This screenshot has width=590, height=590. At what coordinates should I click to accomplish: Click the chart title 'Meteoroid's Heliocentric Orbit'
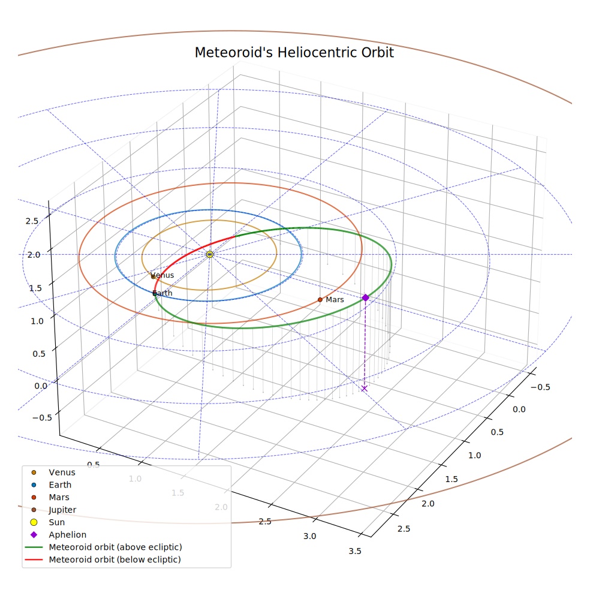point(294,52)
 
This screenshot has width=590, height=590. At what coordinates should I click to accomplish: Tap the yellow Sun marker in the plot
point(210,254)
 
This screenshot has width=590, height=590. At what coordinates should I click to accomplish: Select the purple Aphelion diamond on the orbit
point(365,297)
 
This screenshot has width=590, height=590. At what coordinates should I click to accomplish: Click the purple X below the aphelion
point(364,389)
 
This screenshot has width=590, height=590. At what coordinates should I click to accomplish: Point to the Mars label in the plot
point(335,300)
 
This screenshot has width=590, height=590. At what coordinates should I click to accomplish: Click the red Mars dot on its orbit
point(320,300)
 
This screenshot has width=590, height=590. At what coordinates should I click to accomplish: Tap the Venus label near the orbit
point(162,275)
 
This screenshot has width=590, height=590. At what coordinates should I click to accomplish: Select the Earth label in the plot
point(162,293)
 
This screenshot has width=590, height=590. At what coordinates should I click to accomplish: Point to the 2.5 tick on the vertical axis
point(32,221)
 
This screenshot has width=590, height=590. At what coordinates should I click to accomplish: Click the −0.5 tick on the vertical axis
point(42,418)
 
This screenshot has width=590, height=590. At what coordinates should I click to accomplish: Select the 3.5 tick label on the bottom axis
point(355,551)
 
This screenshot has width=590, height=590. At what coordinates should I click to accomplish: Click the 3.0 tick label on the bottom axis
point(309,536)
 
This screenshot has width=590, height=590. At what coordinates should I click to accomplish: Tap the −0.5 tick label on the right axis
point(540,387)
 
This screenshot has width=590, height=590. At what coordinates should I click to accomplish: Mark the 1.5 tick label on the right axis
point(451,480)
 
